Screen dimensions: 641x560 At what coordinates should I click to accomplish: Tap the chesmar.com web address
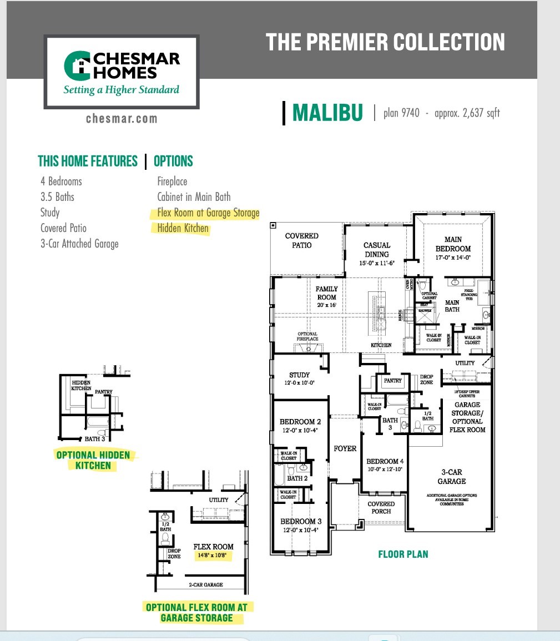click(122, 118)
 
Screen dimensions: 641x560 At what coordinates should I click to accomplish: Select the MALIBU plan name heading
click(327, 113)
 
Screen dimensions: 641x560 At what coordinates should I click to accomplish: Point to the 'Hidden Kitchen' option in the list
click(183, 228)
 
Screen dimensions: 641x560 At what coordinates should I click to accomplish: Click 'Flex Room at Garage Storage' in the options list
click(208, 213)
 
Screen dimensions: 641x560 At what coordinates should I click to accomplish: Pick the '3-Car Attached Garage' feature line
click(79, 244)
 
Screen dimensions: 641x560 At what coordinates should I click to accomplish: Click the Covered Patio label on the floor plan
click(301, 240)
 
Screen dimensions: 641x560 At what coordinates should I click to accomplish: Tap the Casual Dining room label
click(377, 249)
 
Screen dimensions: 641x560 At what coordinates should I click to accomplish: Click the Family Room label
click(326, 292)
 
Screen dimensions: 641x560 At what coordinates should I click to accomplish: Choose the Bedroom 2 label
click(300, 426)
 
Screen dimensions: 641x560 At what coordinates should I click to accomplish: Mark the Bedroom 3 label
click(300, 525)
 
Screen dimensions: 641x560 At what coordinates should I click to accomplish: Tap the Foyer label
click(345, 448)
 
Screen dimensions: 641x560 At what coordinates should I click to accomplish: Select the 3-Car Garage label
click(451, 476)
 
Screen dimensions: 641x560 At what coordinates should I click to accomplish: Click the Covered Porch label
click(381, 507)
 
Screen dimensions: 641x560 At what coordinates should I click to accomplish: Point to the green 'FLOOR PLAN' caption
click(403, 554)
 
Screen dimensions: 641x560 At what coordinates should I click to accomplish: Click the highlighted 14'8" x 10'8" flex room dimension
click(214, 554)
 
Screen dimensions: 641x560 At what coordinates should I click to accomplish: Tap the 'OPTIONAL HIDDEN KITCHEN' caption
click(93, 460)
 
